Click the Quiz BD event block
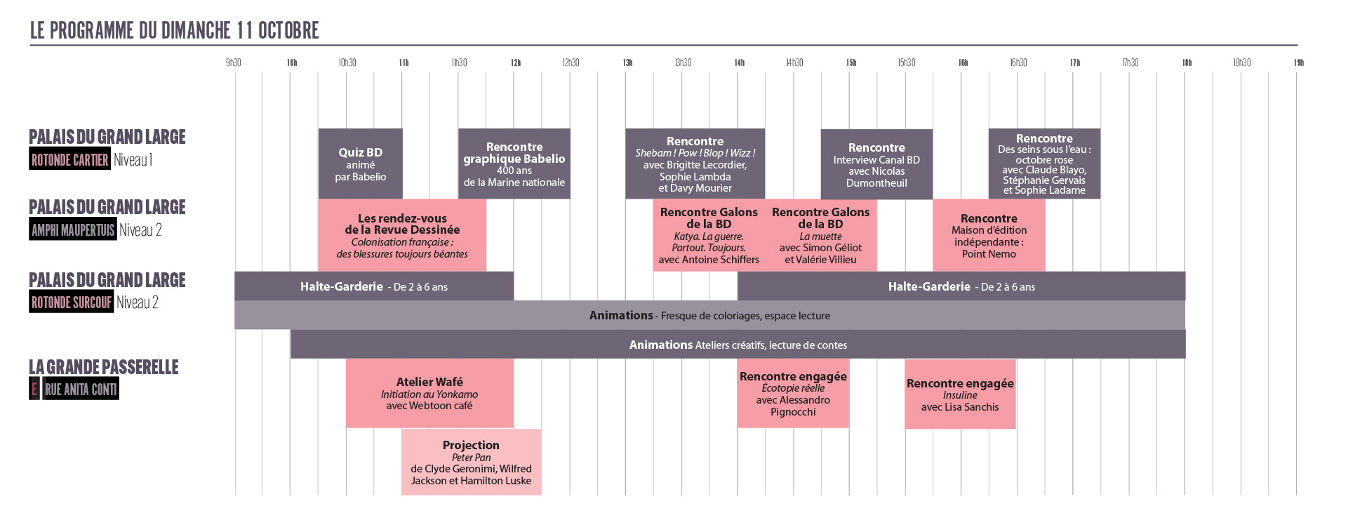[360, 164]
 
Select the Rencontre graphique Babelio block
[514, 164]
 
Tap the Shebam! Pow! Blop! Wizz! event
[695, 164]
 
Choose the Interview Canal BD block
[876, 164]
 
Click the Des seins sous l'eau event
[1044, 164]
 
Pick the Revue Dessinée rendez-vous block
[402, 235]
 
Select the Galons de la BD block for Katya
[709, 235]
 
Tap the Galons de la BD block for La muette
[821, 235]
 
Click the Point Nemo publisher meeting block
[989, 235]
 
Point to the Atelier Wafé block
[429, 393]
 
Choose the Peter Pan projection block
[472, 462]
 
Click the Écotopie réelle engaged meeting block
[793, 393]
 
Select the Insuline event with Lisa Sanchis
[960, 394]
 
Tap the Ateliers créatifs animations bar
[738, 345]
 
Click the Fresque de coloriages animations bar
[709, 315]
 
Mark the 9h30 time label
[234, 62]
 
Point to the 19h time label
[1299, 62]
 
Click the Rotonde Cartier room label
[70, 159]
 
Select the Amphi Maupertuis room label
[72, 230]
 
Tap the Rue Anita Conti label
[81, 389]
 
